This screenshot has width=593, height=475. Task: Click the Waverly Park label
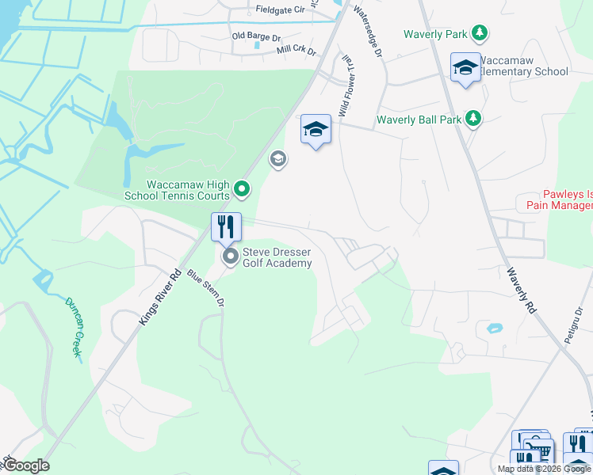click(x=435, y=34)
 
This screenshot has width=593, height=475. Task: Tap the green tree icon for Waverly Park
click(x=479, y=33)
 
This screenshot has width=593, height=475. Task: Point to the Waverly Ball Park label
click(x=419, y=120)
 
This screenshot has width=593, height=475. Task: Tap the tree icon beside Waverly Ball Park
click(x=473, y=119)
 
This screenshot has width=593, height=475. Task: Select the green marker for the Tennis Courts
click(x=243, y=189)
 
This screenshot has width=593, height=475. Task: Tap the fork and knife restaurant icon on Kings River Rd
click(x=226, y=227)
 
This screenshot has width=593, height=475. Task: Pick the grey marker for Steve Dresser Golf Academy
click(x=231, y=256)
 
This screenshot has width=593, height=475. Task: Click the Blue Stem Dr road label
click(x=206, y=289)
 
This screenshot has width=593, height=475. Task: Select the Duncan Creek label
click(x=73, y=327)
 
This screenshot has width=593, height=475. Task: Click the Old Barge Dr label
click(x=256, y=37)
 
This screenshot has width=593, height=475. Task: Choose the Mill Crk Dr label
click(x=296, y=50)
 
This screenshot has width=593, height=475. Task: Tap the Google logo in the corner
click(x=26, y=465)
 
